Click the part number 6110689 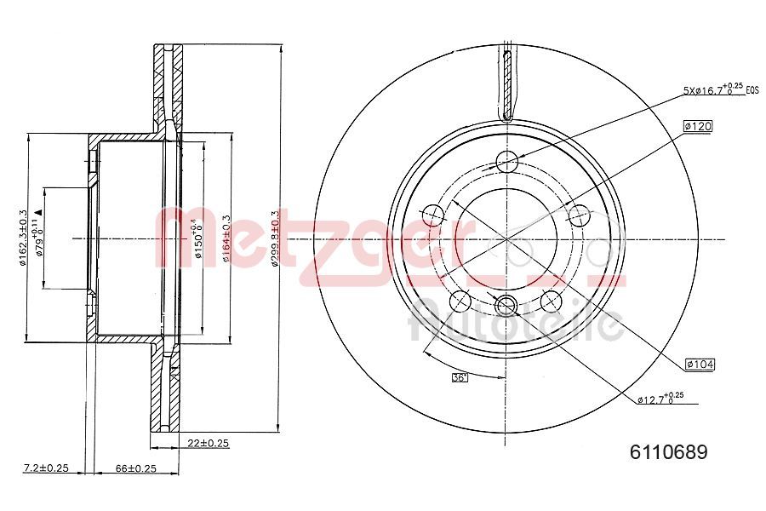pos(667,453)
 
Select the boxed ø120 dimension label pos(697,126)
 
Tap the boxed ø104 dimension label pos(699,365)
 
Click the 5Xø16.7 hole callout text pos(713,89)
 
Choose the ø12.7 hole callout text pos(660,398)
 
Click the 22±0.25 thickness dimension pos(209,443)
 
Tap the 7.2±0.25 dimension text pos(45,468)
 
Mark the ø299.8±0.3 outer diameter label pos(274,238)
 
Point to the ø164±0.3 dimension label pos(226,238)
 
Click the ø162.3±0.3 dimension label pos(23,238)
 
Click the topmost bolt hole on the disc pos(507,160)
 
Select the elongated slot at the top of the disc pos(508,85)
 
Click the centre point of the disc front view pos(507,239)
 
